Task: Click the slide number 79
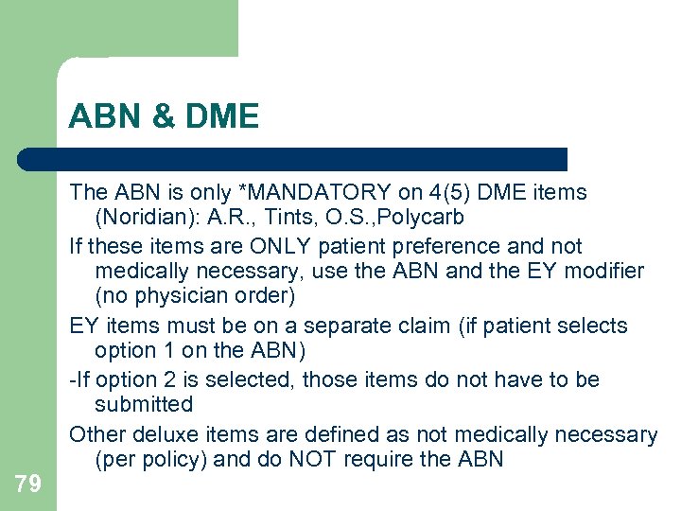point(28,485)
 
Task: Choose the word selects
point(593,326)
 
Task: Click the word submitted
point(144,405)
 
